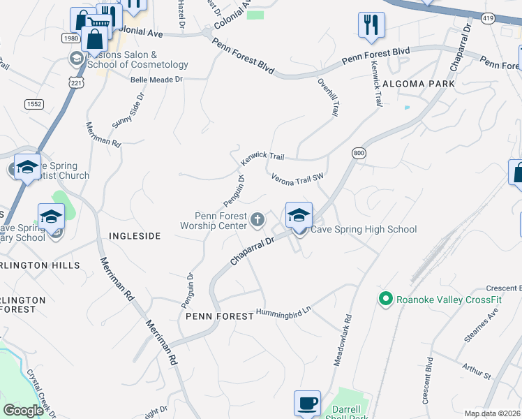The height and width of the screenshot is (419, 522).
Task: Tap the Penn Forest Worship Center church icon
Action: coord(257,221)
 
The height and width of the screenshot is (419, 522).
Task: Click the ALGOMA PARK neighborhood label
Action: coord(419,84)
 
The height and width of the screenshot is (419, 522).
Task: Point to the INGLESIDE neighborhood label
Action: coord(135,237)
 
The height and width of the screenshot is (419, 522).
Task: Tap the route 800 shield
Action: coord(359,154)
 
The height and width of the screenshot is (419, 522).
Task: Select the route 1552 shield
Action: coord(33,103)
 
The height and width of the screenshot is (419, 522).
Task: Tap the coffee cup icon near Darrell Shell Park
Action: coord(307,403)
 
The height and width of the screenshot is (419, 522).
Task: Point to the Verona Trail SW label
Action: coord(298,178)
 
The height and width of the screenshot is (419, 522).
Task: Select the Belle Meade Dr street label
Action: coord(156,80)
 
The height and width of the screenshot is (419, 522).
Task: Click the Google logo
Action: coord(23,410)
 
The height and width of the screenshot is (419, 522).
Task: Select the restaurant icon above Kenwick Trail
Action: coord(371,25)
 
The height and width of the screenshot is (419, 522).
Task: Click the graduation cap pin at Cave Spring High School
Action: coord(298,214)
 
